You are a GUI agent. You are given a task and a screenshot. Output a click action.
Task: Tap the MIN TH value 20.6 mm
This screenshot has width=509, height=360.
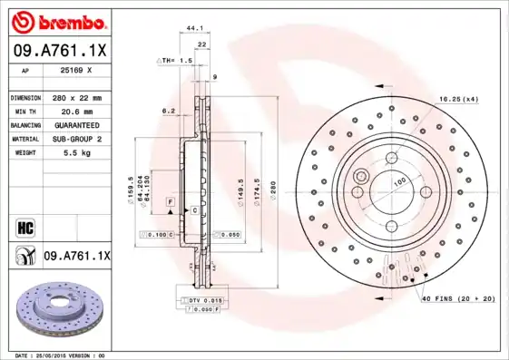(74, 111)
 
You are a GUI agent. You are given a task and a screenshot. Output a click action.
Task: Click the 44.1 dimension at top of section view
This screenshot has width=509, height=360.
(194, 28)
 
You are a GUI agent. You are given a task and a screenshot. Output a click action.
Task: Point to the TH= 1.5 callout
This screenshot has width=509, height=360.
(180, 60)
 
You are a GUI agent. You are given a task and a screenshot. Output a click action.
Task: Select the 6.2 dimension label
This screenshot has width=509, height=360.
(168, 111)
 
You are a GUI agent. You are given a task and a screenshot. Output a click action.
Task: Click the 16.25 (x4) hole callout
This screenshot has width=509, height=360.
(459, 97)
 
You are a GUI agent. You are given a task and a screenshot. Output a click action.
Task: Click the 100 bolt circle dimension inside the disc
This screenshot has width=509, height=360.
(397, 181)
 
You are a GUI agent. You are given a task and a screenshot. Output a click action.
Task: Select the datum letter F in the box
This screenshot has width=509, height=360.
(170, 199)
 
